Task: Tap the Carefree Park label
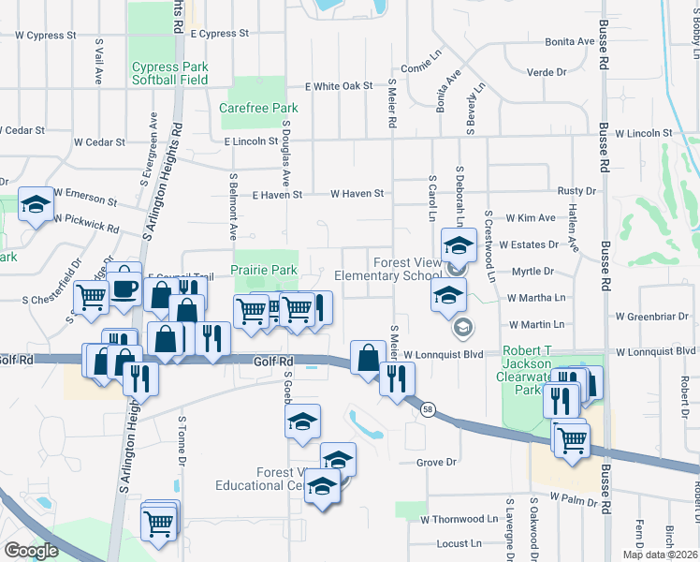(258, 108)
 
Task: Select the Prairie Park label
(265, 270)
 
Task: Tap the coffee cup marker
(124, 288)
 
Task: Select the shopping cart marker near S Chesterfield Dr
(91, 297)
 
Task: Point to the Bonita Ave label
(570, 41)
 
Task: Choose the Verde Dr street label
(548, 71)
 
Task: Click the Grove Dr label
(436, 462)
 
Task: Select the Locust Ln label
(459, 542)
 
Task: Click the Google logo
(30, 551)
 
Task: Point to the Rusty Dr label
(570, 190)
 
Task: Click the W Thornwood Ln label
(459, 518)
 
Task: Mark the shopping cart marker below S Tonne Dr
(158, 522)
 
